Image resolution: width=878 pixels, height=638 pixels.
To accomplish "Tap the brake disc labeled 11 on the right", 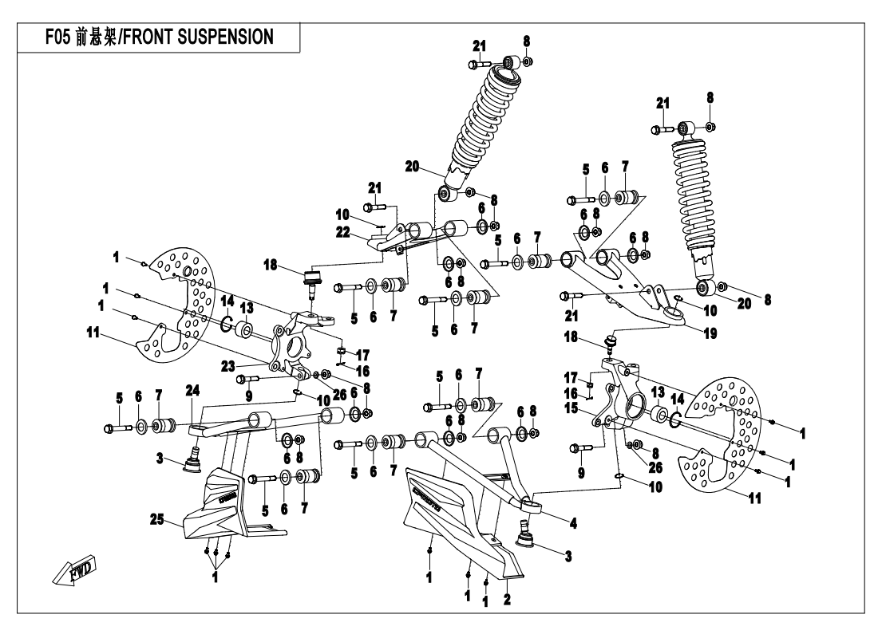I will coord(714,447).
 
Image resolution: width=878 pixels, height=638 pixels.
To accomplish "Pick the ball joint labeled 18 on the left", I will coord(313,281).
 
